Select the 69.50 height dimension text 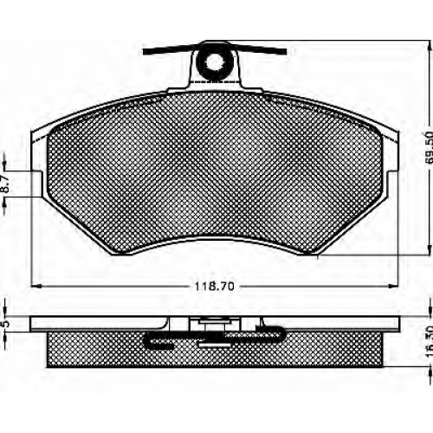click(x=430, y=147)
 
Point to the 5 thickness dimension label click(x=6, y=323)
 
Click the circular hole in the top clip click(x=214, y=61)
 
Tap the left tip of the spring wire click(x=144, y=52)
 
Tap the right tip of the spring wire click(x=285, y=51)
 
